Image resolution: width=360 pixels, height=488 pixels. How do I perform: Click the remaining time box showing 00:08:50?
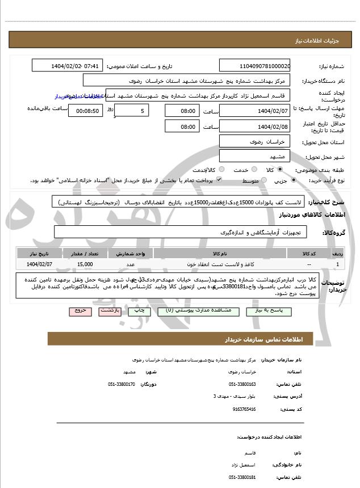pos(86,111)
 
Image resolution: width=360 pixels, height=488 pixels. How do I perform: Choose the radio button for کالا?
pos(280,170)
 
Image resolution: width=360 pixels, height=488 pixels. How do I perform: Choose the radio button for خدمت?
pos(254,170)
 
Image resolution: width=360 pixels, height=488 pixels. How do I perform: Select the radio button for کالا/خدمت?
pos(221,170)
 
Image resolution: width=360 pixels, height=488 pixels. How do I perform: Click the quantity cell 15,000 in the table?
pos(85,264)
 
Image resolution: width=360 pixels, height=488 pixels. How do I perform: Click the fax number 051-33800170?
pos(122,384)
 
